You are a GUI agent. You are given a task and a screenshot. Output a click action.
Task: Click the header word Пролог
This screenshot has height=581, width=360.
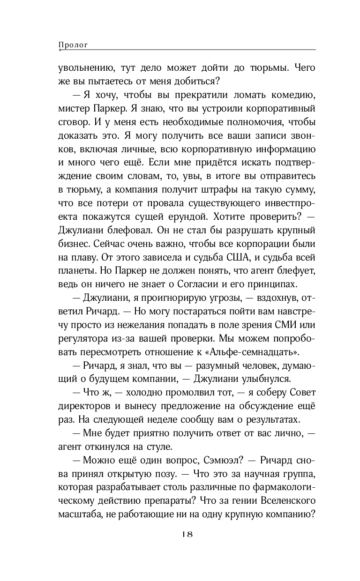click(74, 45)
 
